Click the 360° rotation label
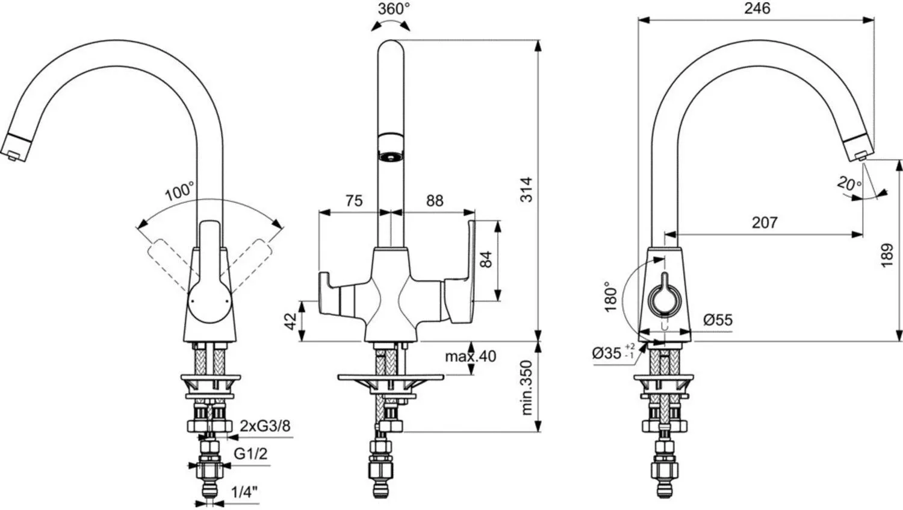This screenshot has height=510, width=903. (394, 8)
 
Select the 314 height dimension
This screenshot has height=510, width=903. (527, 189)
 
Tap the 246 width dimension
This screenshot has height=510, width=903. (757, 8)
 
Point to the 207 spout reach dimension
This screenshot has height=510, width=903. (765, 222)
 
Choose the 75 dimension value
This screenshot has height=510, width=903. (354, 201)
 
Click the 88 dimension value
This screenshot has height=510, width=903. (435, 201)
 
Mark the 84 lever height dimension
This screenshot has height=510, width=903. (486, 259)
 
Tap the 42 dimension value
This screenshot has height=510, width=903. (290, 321)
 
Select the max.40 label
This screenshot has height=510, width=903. (470, 356)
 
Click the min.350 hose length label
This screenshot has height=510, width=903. (527, 388)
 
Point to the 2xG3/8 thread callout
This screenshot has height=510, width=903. (265, 426)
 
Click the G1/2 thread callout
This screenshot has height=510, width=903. (250, 454)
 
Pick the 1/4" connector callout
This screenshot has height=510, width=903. (244, 492)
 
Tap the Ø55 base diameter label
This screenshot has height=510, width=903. (718, 320)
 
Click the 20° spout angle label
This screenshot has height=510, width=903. (849, 184)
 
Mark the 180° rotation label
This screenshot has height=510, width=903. (611, 297)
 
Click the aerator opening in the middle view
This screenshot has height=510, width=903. (391, 156)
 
